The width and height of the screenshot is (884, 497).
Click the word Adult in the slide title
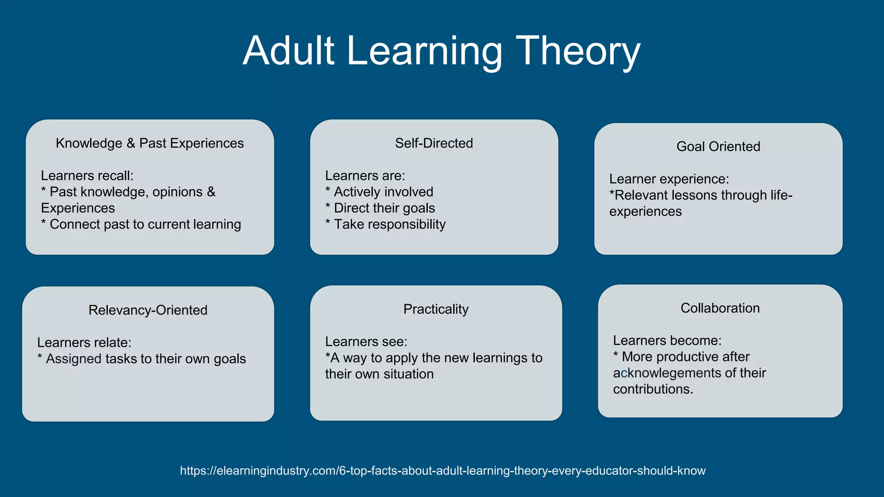tap(289, 51)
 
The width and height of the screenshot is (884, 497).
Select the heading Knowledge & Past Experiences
tap(150, 143)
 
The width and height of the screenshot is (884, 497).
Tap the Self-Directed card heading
tap(434, 143)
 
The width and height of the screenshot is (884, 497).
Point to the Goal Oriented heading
tap(718, 147)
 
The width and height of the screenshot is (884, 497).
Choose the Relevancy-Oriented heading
tap(148, 310)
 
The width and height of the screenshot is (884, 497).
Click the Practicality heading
tap(436, 309)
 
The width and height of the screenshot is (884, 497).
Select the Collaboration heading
tap(720, 308)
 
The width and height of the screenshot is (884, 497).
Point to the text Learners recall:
tap(87, 176)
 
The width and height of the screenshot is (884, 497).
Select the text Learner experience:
tap(669, 179)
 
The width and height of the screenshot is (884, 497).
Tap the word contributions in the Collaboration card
tap(652, 389)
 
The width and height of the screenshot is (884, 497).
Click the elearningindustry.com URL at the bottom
tap(442, 471)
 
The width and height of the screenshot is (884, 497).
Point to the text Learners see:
tap(366, 342)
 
